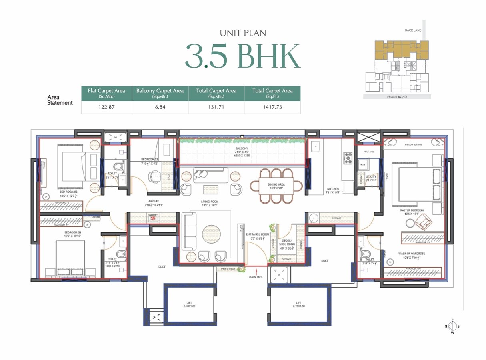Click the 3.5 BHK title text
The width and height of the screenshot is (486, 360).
(x=242, y=56)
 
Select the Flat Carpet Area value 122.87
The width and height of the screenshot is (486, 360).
(x=106, y=107)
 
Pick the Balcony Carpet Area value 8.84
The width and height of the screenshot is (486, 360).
(x=160, y=107)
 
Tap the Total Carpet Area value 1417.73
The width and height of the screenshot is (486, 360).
(x=272, y=107)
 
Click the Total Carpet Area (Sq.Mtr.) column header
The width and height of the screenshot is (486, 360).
(x=216, y=93)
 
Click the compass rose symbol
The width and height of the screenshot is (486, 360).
(x=452, y=326)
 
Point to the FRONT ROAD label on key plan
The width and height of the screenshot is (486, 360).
(x=397, y=97)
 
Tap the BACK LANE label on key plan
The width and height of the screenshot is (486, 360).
(x=412, y=30)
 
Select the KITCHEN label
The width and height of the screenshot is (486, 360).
(x=333, y=188)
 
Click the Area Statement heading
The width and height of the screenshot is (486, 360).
(x=60, y=100)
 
